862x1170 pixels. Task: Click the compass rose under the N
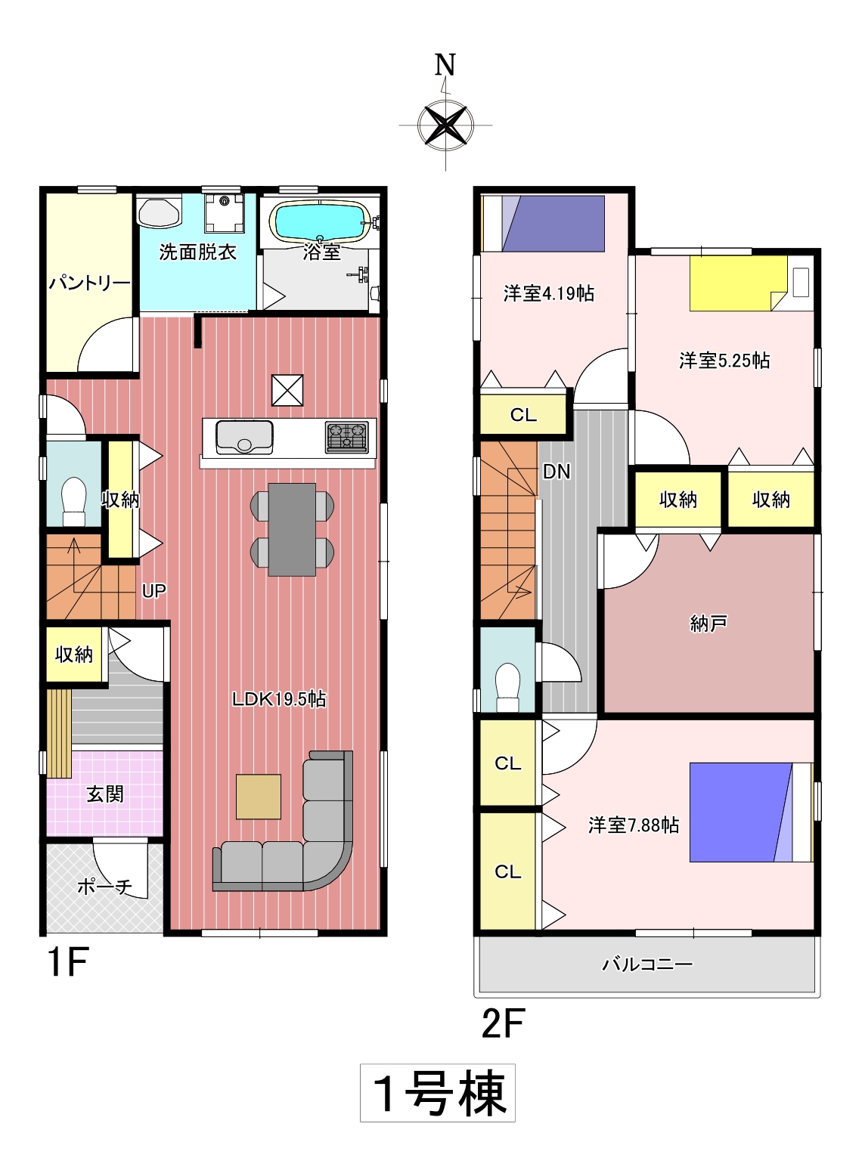tap(445, 125)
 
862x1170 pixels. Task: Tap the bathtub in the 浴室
tap(322, 221)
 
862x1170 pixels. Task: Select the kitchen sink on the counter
tap(244, 435)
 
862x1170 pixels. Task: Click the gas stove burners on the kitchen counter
tap(346, 436)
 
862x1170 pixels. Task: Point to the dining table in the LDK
tap(292, 529)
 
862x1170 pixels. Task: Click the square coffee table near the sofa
tap(259, 797)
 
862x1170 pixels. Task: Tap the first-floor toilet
tap(73, 501)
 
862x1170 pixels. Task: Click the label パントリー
tap(89, 283)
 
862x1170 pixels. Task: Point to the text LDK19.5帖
tap(280, 699)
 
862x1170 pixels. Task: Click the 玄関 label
tap(105, 794)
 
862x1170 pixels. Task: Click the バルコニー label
tap(648, 964)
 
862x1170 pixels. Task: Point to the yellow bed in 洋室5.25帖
tap(739, 283)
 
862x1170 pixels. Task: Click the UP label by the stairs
tap(154, 591)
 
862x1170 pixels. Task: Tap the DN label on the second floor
tap(557, 472)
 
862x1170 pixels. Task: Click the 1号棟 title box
tap(438, 1093)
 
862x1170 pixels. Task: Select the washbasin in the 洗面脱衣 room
tap(159, 212)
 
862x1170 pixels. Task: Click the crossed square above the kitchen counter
tap(287, 390)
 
